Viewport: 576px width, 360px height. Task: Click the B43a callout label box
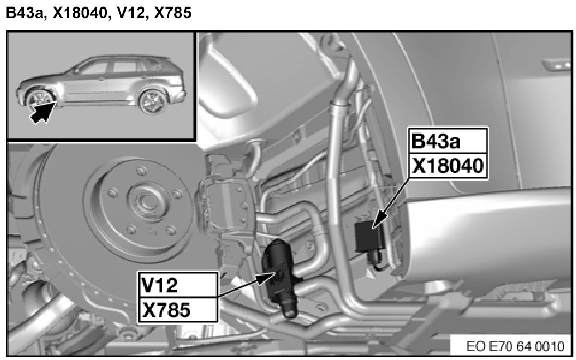pos(448,140)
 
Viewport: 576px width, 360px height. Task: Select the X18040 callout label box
pos(448,166)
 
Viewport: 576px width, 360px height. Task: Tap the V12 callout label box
pos(178,285)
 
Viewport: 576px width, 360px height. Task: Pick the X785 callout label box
pos(178,310)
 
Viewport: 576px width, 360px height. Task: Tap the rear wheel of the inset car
pos(153,101)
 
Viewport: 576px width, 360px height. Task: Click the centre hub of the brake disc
pos(146,200)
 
